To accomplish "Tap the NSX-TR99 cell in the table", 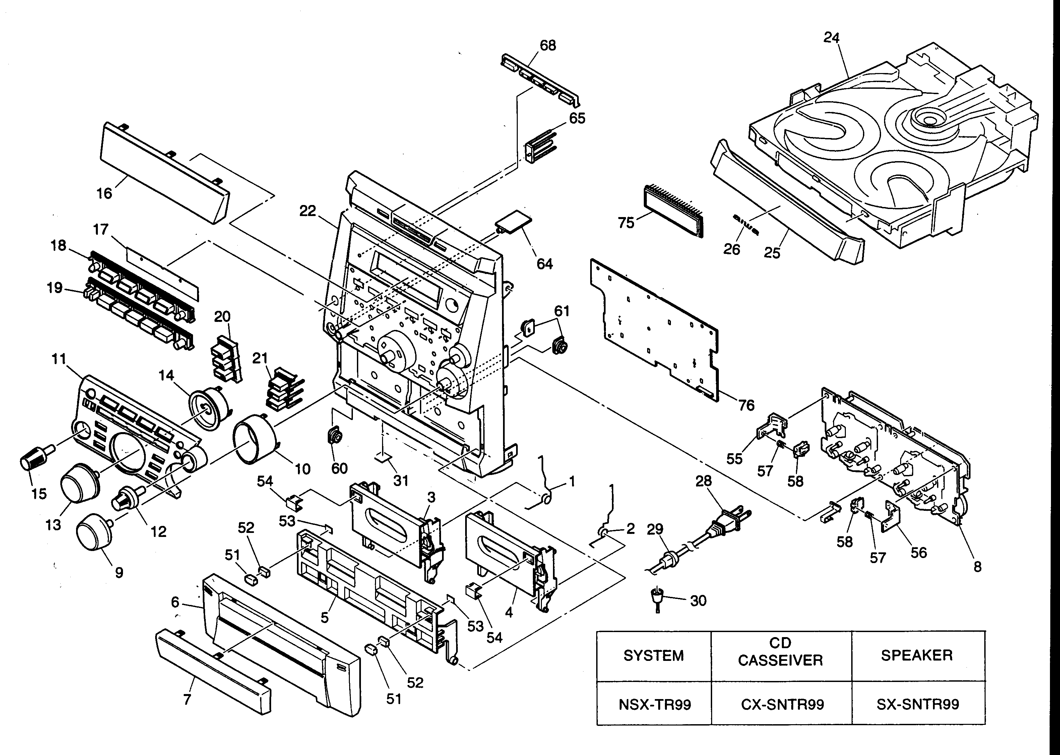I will click(x=654, y=705).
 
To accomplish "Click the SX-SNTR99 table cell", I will click(x=917, y=705).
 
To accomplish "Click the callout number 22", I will click(x=307, y=211).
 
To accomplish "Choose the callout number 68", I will click(x=548, y=46).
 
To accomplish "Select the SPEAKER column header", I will click(x=917, y=656).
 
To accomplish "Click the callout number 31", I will click(x=400, y=480).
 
